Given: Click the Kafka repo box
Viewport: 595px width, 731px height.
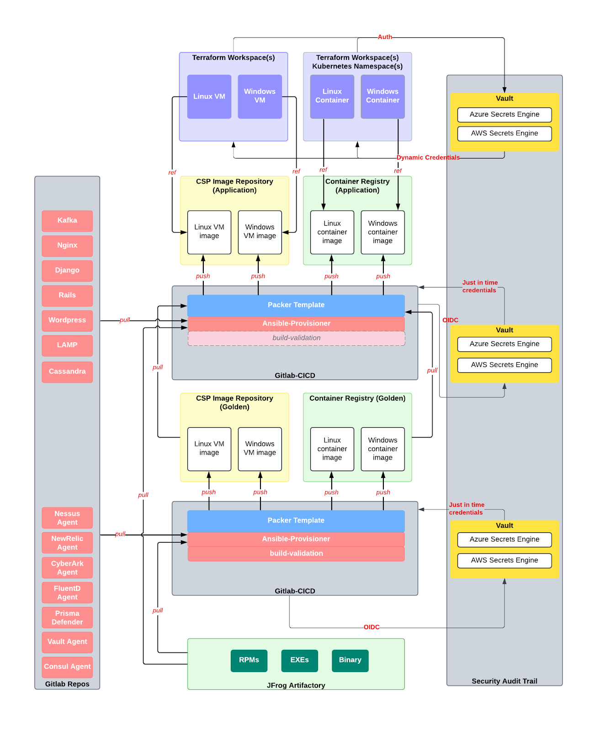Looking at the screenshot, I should pyautogui.click(x=67, y=221).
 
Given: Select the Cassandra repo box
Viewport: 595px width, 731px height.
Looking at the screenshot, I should pyautogui.click(x=67, y=371).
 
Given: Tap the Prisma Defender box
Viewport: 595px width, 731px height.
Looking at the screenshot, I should pyautogui.click(x=67, y=617).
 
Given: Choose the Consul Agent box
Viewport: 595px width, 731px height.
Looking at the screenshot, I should pyautogui.click(x=67, y=667).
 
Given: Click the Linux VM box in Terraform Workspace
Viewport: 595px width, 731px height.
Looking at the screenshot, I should pyautogui.click(x=209, y=96).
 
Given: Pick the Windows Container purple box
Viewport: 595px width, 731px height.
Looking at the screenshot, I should pyautogui.click(x=382, y=96).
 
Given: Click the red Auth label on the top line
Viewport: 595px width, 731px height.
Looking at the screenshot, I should pyautogui.click(x=385, y=37).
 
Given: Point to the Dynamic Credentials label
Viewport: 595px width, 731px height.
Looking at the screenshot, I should pyautogui.click(x=428, y=158).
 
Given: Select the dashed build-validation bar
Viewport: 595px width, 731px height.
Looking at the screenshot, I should pyautogui.click(x=296, y=338).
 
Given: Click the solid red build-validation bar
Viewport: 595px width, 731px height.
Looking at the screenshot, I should pyautogui.click(x=296, y=553).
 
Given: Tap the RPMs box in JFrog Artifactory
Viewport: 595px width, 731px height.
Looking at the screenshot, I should pyautogui.click(x=249, y=660).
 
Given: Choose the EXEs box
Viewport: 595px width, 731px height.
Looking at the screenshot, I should pyautogui.click(x=299, y=660).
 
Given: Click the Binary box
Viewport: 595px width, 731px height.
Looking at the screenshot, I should pyautogui.click(x=350, y=660).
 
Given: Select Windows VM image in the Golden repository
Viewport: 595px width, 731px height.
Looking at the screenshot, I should pyautogui.click(x=260, y=449).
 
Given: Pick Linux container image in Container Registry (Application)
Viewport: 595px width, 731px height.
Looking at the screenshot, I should pyautogui.click(x=332, y=232).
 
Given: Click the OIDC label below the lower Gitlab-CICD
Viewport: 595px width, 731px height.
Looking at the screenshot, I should pyautogui.click(x=372, y=627).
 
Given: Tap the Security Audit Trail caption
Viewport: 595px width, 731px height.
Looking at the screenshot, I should pyautogui.click(x=504, y=681).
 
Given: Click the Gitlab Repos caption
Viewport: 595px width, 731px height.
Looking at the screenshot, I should pyautogui.click(x=67, y=684).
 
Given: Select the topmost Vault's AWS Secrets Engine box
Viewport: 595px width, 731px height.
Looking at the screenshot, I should pyautogui.click(x=504, y=133).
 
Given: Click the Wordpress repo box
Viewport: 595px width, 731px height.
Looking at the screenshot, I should pyautogui.click(x=67, y=320).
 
